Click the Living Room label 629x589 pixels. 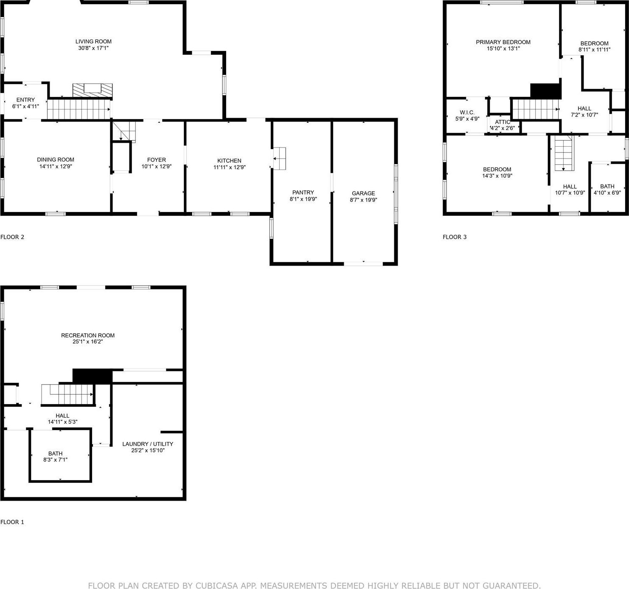(x=93, y=42)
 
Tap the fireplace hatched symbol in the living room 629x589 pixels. (x=93, y=91)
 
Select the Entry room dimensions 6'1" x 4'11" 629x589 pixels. (x=25, y=106)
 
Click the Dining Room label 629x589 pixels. (x=56, y=160)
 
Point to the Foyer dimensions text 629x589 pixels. (x=156, y=167)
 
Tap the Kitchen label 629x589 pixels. (x=229, y=161)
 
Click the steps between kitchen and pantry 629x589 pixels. (x=279, y=159)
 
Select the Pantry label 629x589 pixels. (x=303, y=193)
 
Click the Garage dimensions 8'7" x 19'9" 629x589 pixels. (x=363, y=200)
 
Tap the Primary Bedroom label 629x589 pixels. (x=503, y=42)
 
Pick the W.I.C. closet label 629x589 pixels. (x=467, y=113)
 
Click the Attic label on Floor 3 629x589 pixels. (x=503, y=122)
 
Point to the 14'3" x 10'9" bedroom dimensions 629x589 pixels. (x=497, y=176)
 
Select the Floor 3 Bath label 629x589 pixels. (x=607, y=186)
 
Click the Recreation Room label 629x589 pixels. (x=88, y=335)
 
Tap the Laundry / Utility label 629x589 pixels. (x=148, y=444)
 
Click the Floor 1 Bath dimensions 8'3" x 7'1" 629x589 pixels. (x=55, y=460)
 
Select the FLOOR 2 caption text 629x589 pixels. (x=12, y=237)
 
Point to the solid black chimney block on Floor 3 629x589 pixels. (x=545, y=91)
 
